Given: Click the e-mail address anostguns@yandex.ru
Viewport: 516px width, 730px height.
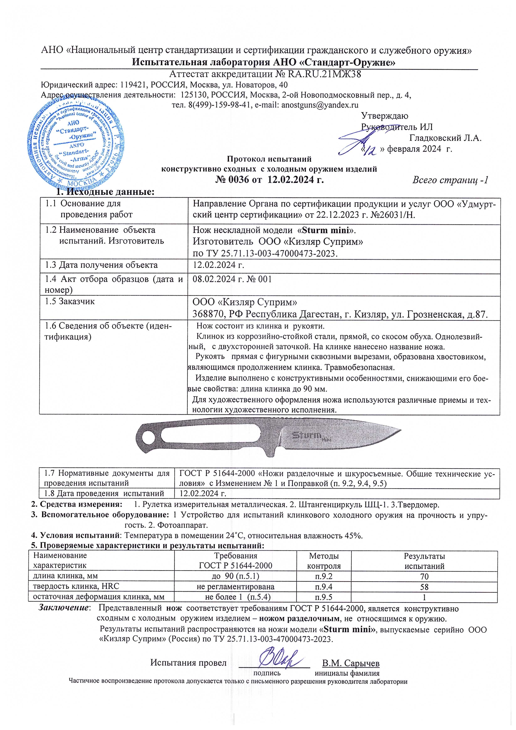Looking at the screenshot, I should [320, 105].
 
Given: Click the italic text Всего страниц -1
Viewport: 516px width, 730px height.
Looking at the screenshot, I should [450, 180].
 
